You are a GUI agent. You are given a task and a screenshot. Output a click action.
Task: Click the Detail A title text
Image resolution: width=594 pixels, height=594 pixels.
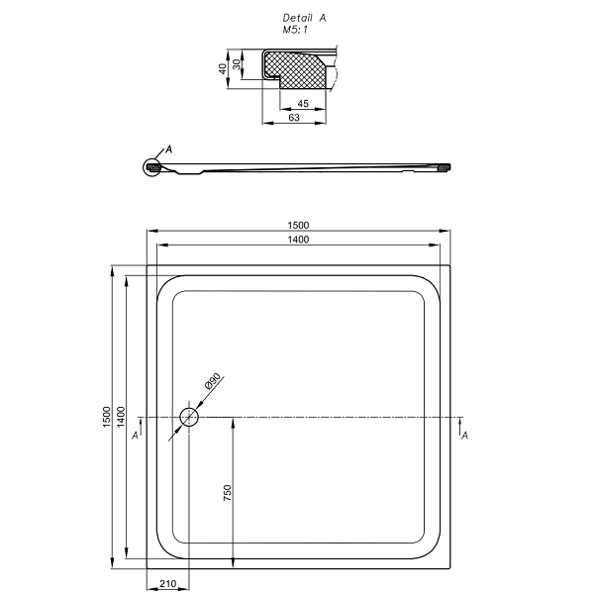[304, 18]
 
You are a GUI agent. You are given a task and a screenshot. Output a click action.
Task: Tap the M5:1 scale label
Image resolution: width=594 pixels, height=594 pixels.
[295, 30]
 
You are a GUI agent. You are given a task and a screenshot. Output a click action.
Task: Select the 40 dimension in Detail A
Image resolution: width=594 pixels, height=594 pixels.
[223, 68]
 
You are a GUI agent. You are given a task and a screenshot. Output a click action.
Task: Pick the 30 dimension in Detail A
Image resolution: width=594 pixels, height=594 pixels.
[237, 64]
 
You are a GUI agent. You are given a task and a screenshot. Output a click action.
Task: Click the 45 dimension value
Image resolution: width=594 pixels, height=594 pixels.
[303, 103]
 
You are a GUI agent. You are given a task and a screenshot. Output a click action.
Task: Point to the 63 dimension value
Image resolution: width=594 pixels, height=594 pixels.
[294, 118]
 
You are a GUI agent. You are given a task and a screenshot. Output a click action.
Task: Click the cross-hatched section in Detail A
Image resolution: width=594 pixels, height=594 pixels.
[295, 69]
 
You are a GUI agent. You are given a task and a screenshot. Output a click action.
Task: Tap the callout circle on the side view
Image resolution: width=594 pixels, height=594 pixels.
[144, 167]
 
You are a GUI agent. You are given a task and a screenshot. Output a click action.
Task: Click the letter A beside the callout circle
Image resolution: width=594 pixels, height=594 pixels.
[169, 149]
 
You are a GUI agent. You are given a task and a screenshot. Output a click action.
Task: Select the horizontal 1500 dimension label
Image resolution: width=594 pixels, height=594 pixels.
[298, 226]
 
